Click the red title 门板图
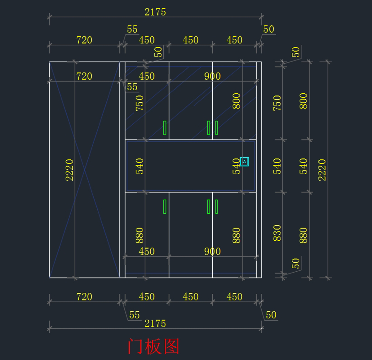[x=153, y=346]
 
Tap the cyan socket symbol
[x=244, y=162]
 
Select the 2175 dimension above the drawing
[x=155, y=12]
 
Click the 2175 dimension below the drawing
[x=155, y=323]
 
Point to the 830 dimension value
[x=277, y=233]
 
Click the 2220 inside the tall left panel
[x=69, y=170]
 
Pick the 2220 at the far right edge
[x=322, y=170]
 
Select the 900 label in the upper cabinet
[x=212, y=76]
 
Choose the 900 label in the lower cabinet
[x=212, y=251]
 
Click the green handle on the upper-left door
[x=165, y=128]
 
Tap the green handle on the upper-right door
[x=216, y=128]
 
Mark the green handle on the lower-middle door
[x=209, y=207]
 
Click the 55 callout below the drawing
[x=134, y=315]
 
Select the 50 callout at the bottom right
[x=271, y=315]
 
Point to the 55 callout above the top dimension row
[x=132, y=29]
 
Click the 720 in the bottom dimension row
[x=84, y=297]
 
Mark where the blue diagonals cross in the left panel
[x=85, y=170]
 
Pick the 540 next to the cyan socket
[x=236, y=166]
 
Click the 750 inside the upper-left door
[x=139, y=103]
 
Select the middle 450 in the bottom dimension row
[x=190, y=297]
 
